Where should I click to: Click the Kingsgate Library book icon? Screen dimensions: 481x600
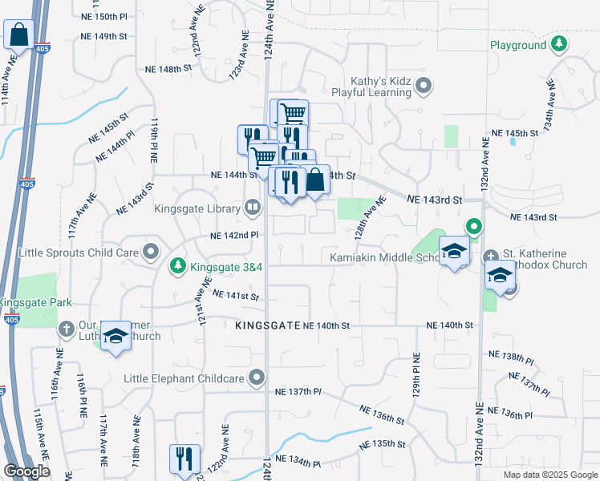252,208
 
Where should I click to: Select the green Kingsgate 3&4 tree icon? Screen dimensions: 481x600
178,265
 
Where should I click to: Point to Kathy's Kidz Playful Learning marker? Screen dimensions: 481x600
425,85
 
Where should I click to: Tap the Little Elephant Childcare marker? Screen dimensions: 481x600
257,377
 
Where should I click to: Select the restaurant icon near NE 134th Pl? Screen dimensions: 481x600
184,459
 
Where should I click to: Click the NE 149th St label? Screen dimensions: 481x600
104,36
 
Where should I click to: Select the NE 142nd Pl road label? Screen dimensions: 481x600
233,236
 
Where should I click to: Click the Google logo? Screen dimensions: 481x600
26,471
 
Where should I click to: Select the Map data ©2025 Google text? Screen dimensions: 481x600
549,475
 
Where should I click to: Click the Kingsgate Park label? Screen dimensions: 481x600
36,302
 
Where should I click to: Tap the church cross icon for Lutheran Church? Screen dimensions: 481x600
67,329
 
